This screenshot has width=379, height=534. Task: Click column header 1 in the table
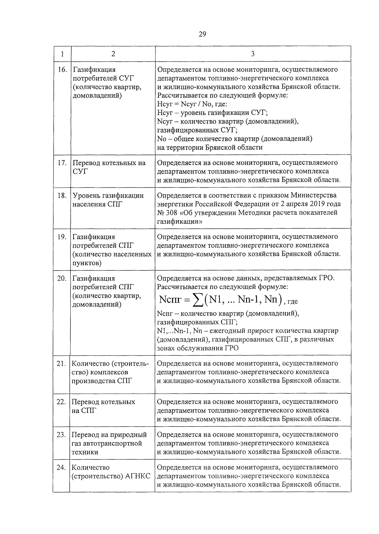point(62,54)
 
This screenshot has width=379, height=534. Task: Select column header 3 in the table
point(253,54)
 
